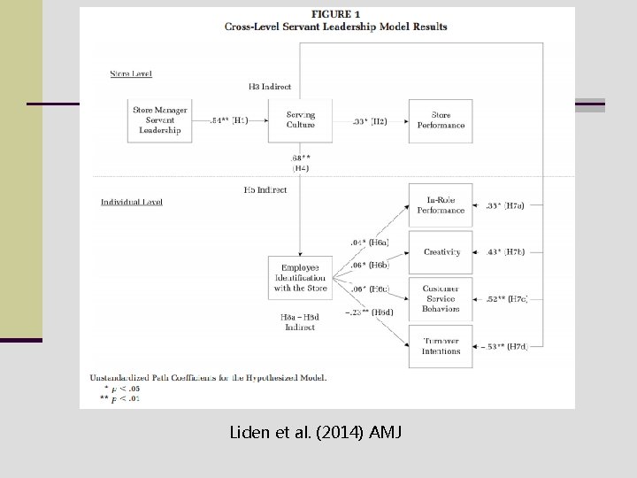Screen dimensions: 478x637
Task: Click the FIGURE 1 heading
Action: (x=336, y=14)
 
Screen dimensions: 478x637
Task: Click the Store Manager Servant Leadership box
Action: (x=159, y=120)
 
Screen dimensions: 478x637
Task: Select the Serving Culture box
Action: (x=300, y=120)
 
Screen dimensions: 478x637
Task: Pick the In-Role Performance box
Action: (x=441, y=205)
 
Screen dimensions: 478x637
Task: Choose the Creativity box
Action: (x=441, y=252)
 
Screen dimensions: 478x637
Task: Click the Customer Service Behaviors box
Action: (x=441, y=298)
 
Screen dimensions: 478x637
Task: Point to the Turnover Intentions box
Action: (x=441, y=346)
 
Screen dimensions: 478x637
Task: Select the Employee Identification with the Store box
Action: (x=300, y=277)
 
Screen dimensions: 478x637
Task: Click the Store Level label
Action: (x=130, y=73)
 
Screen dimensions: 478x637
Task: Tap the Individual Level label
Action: (x=132, y=202)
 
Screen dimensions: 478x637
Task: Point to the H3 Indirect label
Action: (x=270, y=87)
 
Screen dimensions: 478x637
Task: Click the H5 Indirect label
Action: (x=265, y=189)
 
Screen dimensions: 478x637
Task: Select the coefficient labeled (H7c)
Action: (x=505, y=299)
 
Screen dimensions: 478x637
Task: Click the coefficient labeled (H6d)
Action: (x=371, y=312)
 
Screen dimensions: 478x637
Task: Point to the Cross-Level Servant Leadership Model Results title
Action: (x=336, y=27)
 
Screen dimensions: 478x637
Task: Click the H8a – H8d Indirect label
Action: (x=299, y=321)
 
